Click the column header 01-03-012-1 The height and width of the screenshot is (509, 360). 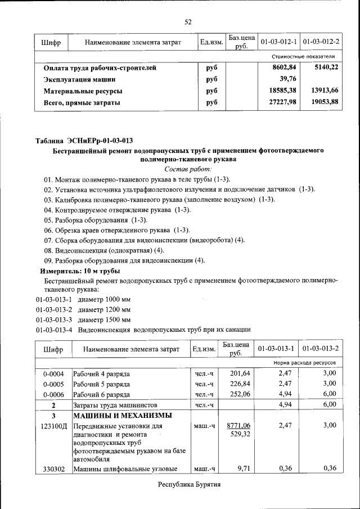pyautogui.click(x=278, y=43)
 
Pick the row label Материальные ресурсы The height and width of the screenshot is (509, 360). pyautogui.click(x=83, y=91)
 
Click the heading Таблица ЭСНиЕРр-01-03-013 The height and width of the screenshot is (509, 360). pyautogui.click(x=84, y=140)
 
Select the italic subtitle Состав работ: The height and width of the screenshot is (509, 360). pyautogui.click(x=188, y=169)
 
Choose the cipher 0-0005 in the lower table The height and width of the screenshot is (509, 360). pyautogui.click(x=53, y=384)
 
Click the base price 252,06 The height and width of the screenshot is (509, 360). pyautogui.click(x=236, y=394)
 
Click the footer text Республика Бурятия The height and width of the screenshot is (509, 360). pyautogui.click(x=188, y=485)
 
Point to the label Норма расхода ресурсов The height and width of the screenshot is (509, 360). pyautogui.click(x=304, y=363)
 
